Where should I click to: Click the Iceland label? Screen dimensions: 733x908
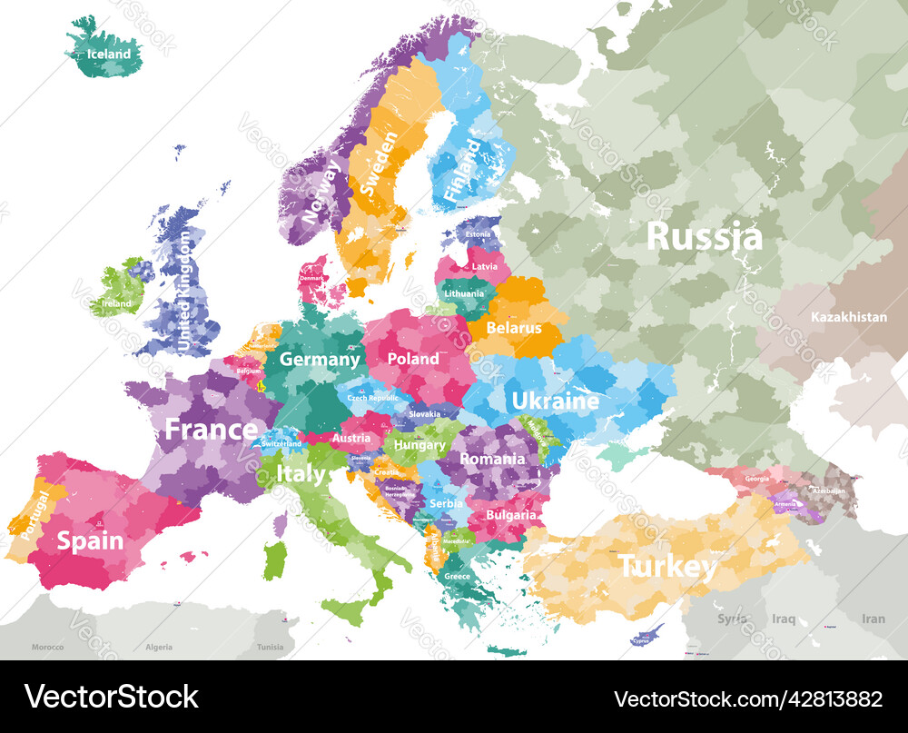click(x=108, y=54)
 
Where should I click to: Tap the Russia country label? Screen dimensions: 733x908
click(x=704, y=236)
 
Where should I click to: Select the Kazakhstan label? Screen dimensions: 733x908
click(x=848, y=317)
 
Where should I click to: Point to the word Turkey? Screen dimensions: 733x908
click(x=667, y=568)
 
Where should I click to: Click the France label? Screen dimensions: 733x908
click(x=211, y=430)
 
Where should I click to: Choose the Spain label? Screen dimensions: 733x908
click(x=90, y=541)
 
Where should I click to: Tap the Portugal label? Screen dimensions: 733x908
click(x=33, y=516)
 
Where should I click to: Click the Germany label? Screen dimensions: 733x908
click(x=320, y=359)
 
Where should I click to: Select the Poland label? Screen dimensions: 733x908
click(x=413, y=359)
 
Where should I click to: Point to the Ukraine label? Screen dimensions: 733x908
click(x=555, y=401)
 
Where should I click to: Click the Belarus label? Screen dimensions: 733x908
click(x=514, y=328)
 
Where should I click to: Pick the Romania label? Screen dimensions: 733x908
click(x=492, y=459)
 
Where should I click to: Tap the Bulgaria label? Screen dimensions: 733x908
click(x=510, y=515)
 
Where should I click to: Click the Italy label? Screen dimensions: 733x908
click(x=301, y=473)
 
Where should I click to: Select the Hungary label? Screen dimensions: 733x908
click(x=419, y=445)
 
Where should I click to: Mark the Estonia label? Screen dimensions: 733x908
click(x=478, y=234)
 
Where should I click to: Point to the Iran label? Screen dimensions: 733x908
click(x=873, y=619)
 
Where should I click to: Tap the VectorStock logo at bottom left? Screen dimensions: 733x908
click(x=112, y=698)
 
